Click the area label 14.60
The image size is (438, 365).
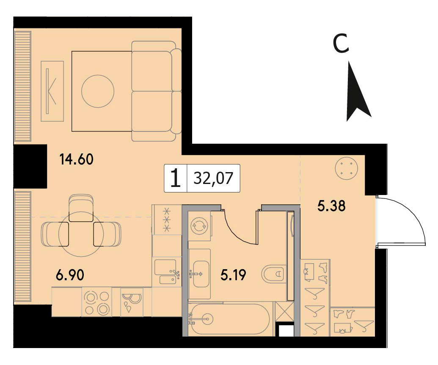click(x=76, y=159)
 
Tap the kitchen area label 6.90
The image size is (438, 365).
click(x=70, y=275)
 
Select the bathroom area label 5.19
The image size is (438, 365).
click(x=233, y=275)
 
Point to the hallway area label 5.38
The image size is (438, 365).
click(x=332, y=206)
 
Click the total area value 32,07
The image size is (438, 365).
click(x=213, y=178)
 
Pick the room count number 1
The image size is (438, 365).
click(x=175, y=178)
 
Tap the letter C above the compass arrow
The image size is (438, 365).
click(x=341, y=44)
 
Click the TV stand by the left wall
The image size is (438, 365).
click(x=52, y=91)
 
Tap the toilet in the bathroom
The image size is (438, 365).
click(x=273, y=273)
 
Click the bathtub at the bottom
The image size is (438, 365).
click(x=229, y=319)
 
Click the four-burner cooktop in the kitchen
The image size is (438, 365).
click(x=96, y=302)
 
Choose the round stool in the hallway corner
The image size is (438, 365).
click(x=346, y=168)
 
